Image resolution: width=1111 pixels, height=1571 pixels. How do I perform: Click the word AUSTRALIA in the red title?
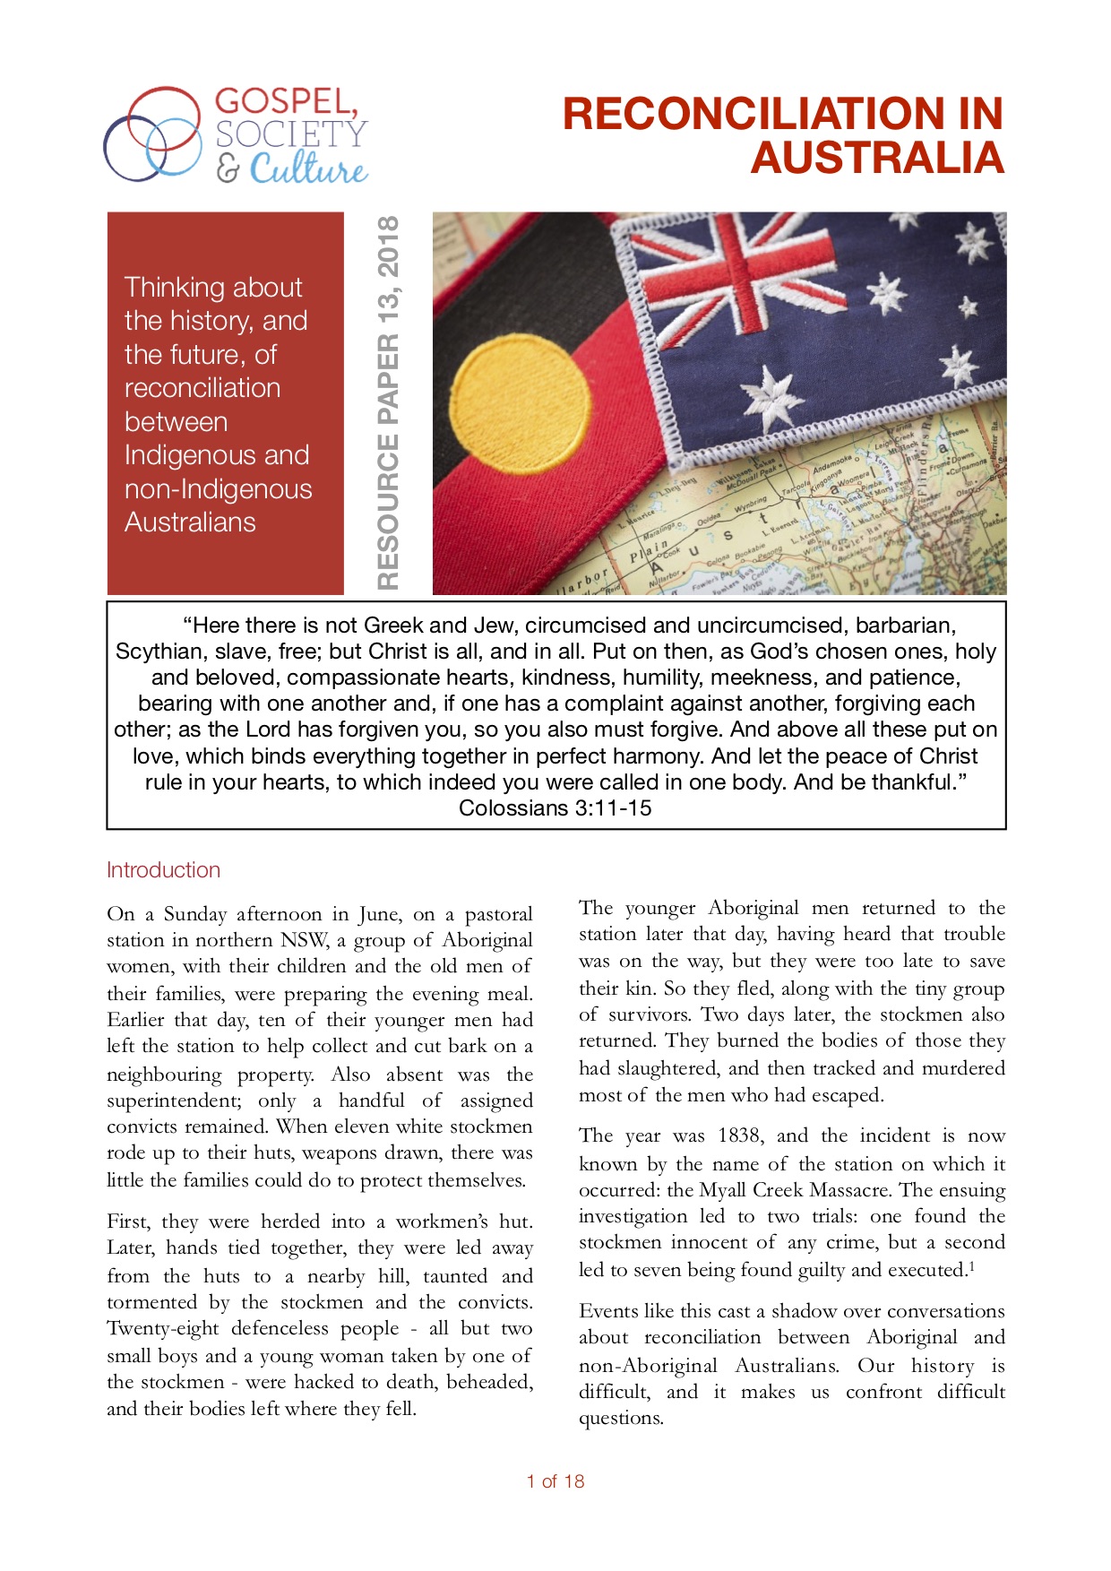click(x=877, y=158)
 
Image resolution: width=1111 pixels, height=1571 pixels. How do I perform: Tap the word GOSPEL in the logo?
click(x=286, y=102)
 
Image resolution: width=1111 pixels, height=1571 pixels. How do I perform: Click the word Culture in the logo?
click(x=308, y=168)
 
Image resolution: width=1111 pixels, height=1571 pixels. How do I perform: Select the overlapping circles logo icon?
click(x=152, y=134)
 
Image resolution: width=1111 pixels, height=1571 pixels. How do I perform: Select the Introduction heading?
click(x=163, y=870)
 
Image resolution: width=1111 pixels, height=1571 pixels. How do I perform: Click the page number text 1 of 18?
click(x=555, y=1481)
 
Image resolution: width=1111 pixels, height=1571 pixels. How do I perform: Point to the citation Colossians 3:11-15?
click(x=555, y=808)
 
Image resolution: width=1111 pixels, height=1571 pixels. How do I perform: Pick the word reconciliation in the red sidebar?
click(x=202, y=388)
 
